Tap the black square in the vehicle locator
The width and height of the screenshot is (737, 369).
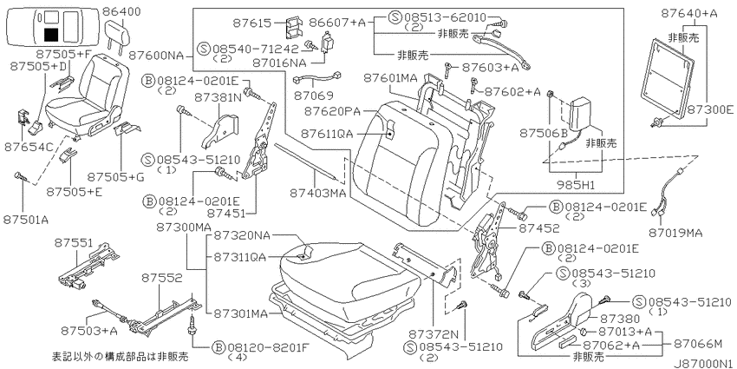(x=51, y=35)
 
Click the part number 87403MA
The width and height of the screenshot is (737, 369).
(x=318, y=193)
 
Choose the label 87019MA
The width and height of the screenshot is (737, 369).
(x=677, y=233)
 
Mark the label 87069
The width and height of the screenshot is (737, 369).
(x=314, y=96)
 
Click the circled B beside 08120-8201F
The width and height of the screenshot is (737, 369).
(x=218, y=348)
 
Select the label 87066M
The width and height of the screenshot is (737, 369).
(x=698, y=345)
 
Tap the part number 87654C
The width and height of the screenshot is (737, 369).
(x=29, y=147)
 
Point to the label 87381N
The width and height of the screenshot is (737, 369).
(x=218, y=98)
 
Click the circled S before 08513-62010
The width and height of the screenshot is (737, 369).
(x=395, y=18)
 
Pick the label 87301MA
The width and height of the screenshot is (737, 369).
(x=241, y=313)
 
